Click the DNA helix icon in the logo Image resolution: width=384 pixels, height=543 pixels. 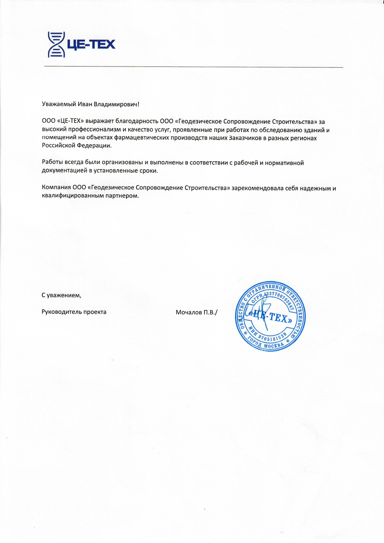coord(56,45)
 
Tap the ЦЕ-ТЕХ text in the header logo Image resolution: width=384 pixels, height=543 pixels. coord(91,45)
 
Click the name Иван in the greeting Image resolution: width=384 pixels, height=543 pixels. coord(85,104)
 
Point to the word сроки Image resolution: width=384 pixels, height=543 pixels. coord(149,171)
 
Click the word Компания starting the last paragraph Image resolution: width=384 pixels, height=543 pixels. coord(56,188)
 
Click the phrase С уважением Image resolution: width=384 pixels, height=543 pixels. coord(61,295)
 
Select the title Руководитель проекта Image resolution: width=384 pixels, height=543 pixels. coord(74,312)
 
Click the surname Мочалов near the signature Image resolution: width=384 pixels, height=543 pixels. coord(189,312)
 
